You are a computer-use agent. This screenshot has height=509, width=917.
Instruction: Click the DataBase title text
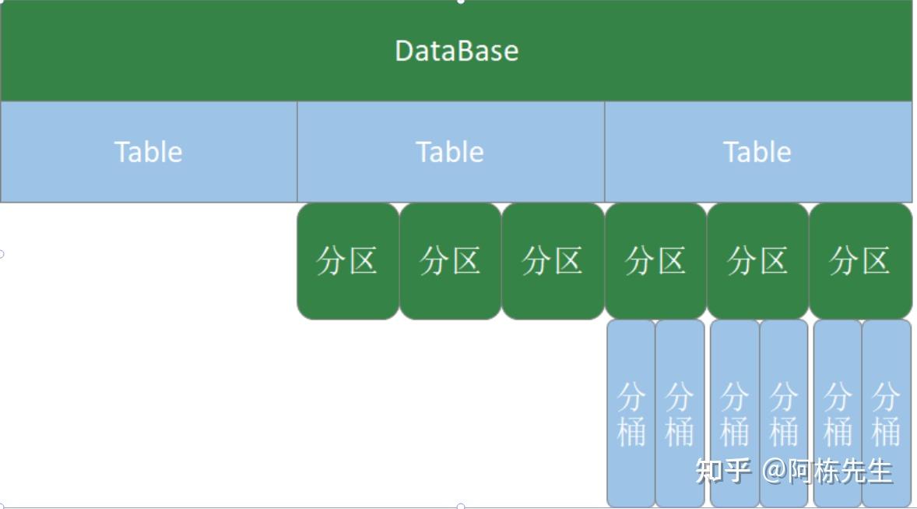point(457,51)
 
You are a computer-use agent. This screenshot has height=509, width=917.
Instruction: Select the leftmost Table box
point(149,152)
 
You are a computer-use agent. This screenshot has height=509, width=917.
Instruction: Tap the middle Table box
point(451,152)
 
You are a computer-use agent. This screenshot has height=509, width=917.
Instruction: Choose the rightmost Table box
point(758,152)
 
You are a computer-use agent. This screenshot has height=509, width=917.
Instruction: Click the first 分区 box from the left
point(348,261)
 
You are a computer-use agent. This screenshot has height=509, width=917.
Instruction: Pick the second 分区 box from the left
point(450,261)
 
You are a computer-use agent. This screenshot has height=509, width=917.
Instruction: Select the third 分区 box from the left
point(553,261)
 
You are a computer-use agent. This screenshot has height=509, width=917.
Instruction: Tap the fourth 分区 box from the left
point(655,261)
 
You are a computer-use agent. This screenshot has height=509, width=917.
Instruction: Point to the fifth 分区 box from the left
point(758,261)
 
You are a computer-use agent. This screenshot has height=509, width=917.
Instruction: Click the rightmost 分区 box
point(861,261)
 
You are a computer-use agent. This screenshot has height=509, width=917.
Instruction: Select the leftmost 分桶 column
point(631,413)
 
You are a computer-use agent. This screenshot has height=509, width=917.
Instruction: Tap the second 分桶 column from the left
point(680,413)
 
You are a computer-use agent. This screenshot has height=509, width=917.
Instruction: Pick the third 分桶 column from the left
point(735,413)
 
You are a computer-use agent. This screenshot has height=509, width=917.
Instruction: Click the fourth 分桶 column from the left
point(784,413)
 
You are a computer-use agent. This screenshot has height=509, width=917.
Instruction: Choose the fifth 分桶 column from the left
point(838,413)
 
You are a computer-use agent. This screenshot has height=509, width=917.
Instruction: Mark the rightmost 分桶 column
point(887,413)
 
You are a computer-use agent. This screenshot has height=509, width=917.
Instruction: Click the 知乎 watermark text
point(723,470)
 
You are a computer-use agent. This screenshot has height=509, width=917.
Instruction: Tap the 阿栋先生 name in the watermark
point(840,471)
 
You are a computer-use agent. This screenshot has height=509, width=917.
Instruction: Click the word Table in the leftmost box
point(149,152)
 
